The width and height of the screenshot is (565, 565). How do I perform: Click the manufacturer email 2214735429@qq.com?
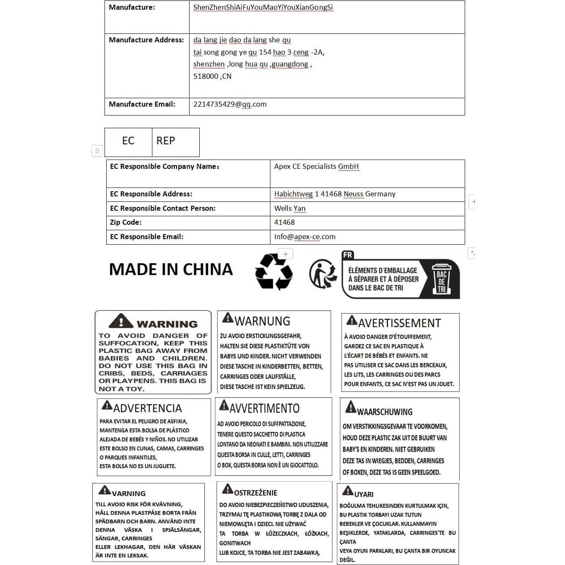pyautogui.click(x=230, y=105)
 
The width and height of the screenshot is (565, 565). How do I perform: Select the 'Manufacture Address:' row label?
pyautogui.click(x=146, y=40)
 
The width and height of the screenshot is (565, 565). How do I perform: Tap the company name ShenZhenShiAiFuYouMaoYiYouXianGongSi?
pyautogui.click(x=263, y=8)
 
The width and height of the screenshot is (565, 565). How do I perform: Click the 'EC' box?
pyautogui.click(x=128, y=141)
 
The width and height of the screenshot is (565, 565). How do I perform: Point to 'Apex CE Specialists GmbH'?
pyautogui.click(x=316, y=167)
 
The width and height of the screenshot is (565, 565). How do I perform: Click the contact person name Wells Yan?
pyautogui.click(x=289, y=209)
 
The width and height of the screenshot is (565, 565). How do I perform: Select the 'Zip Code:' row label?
pyautogui.click(x=126, y=223)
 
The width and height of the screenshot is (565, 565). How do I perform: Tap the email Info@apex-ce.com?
pyautogui.click(x=305, y=237)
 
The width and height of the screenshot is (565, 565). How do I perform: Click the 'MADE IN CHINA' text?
pyautogui.click(x=171, y=270)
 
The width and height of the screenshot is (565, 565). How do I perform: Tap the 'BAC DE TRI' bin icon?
pyautogui.click(x=441, y=279)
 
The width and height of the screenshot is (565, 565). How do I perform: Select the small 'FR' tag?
pyautogui.click(x=347, y=255)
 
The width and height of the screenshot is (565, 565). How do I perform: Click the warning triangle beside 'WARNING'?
pyautogui.click(x=121, y=322)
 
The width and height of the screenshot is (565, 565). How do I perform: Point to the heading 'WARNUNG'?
pyautogui.click(x=262, y=321)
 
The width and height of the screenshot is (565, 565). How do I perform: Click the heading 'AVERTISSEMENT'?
pyautogui.click(x=400, y=323)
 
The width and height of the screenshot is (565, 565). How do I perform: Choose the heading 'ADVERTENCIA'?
pyautogui.click(x=147, y=408)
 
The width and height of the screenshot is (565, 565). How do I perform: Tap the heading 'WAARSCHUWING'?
pyautogui.click(x=384, y=412)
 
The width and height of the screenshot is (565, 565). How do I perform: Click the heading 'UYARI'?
pyautogui.click(x=364, y=494)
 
